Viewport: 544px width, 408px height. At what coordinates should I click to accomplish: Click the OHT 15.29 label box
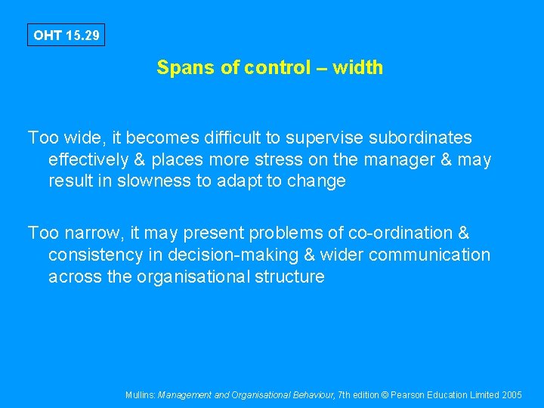click(x=66, y=36)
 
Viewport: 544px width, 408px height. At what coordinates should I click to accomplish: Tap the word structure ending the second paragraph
click(x=290, y=277)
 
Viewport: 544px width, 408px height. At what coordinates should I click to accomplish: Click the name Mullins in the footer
click(x=141, y=395)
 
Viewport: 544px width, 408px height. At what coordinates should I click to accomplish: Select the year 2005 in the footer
click(x=512, y=395)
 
